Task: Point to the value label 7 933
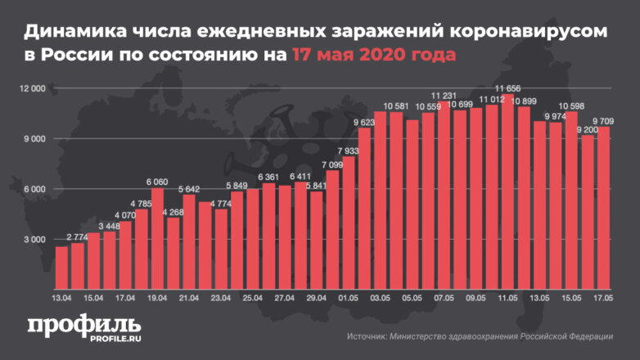pyautogui.click(x=349, y=151)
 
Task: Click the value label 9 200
pyautogui.click(x=588, y=129)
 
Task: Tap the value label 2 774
pyautogui.click(x=78, y=236)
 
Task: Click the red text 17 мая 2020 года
pyautogui.click(x=369, y=55)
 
